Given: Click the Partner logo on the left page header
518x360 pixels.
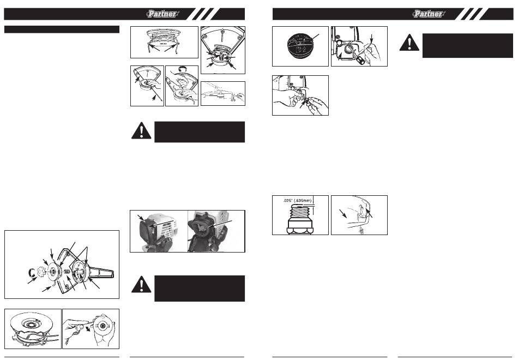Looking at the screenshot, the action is tap(162, 14).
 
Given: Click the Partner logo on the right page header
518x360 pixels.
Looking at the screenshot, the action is tap(429, 14).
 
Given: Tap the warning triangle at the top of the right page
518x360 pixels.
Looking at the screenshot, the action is tap(409, 43).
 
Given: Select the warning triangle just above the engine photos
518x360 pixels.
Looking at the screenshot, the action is tap(141, 131).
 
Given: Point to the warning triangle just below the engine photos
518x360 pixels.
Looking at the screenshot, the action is tap(141, 285).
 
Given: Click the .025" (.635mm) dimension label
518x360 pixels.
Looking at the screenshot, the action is tap(297, 200).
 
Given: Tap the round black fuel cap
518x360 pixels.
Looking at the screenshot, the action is tap(300, 46).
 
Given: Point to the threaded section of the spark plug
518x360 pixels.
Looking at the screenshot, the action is tap(300, 211).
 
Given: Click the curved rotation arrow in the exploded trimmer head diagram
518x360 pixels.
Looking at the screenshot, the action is tap(31, 272).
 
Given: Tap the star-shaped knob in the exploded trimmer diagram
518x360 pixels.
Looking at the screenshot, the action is tap(41, 272).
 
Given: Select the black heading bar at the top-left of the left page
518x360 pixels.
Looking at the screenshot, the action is tap(62, 29).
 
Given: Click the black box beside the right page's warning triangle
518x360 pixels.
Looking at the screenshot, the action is tap(467, 46).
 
